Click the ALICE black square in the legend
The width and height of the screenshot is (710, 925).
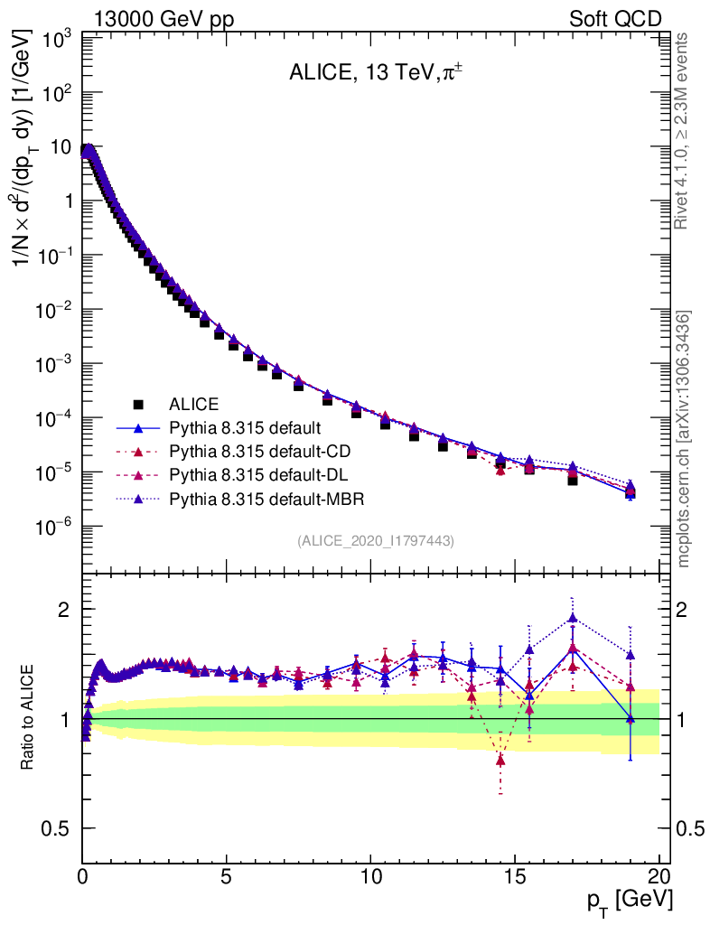(x=137, y=404)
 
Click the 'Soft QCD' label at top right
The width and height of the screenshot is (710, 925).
(x=615, y=19)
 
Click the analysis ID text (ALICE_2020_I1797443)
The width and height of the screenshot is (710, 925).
(x=375, y=541)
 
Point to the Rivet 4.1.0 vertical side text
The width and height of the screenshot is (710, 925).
(x=684, y=130)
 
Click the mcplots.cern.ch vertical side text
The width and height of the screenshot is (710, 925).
(x=684, y=439)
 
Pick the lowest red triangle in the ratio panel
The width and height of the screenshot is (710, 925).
(x=500, y=761)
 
